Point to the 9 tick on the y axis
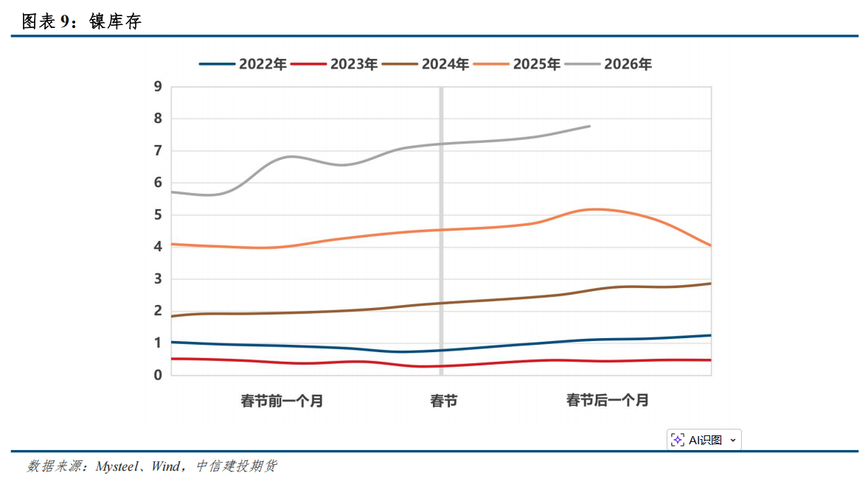pyautogui.click(x=158, y=87)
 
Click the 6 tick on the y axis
pyautogui.click(x=158, y=183)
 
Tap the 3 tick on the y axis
pyautogui.click(x=158, y=279)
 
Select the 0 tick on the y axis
pyautogui.click(x=158, y=375)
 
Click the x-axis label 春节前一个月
pyautogui.click(x=282, y=401)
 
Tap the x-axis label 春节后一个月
pyautogui.click(x=608, y=401)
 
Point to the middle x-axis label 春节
pyautogui.click(x=443, y=401)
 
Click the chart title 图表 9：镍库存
pyautogui.click(x=82, y=22)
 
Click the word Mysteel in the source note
pyautogui.click(x=118, y=466)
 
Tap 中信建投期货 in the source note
pyautogui.click(x=236, y=466)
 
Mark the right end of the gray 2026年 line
pyautogui.click(x=589, y=126)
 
